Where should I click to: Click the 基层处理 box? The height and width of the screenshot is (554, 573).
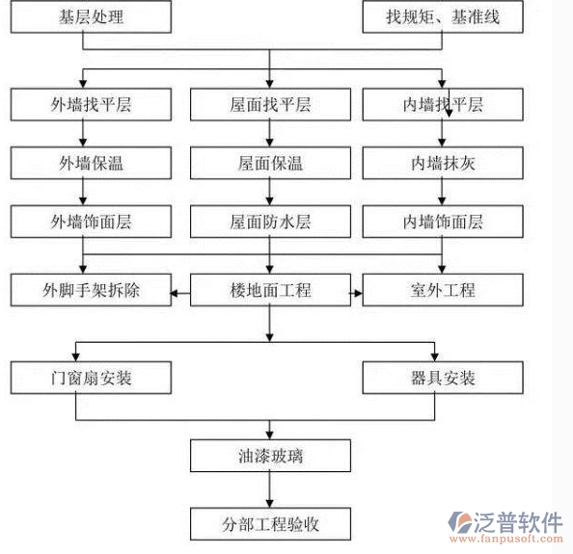(92, 16)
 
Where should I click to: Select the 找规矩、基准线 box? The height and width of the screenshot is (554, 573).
(443, 16)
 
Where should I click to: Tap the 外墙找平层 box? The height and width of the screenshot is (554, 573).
(92, 105)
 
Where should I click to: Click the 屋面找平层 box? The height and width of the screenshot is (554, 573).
(270, 105)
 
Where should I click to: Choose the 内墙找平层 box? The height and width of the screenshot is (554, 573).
(443, 105)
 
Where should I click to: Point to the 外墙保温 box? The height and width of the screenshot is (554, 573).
(92, 163)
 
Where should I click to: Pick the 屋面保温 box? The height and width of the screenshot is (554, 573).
(270, 163)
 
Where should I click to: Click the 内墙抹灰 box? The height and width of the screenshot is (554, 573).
(443, 163)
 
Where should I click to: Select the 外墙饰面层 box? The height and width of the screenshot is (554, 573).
(92, 222)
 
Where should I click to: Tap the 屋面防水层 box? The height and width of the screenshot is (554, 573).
(270, 222)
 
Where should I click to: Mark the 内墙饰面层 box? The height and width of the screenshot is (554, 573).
(443, 222)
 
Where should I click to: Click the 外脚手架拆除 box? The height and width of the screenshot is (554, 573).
(92, 289)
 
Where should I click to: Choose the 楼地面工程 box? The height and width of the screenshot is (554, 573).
(270, 289)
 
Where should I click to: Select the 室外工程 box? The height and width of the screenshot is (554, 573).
(443, 289)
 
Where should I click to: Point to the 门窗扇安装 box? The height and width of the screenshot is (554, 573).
(92, 377)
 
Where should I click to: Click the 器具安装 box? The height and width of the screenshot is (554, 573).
(443, 377)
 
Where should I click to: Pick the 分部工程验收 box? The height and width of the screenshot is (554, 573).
(270, 525)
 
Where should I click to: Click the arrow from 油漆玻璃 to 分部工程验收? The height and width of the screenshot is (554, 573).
(270, 490)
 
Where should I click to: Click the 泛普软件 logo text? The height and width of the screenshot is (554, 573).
(517, 521)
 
